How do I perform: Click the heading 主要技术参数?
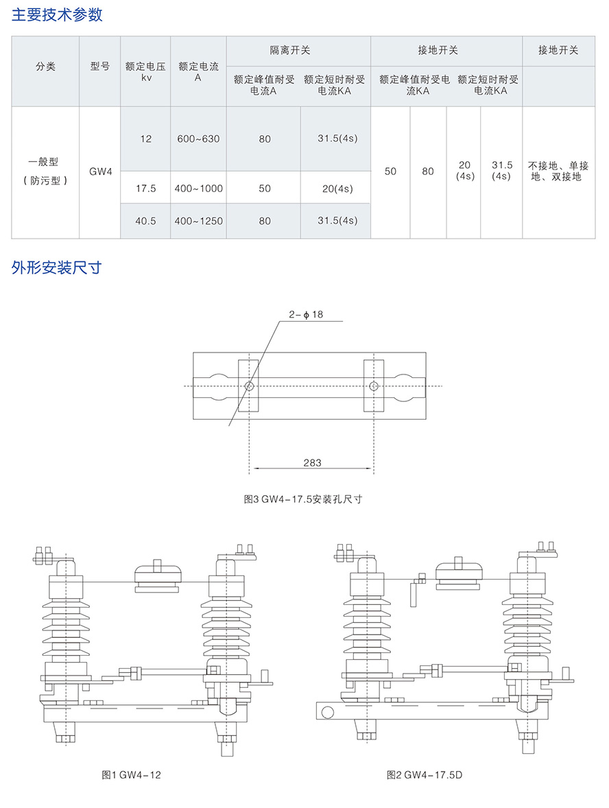pyautogui.click(x=57, y=14)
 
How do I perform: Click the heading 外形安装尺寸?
pyautogui.click(x=57, y=267)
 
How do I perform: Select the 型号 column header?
pyautogui.click(x=99, y=67)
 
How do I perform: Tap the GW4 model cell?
pyautogui.click(x=99, y=171)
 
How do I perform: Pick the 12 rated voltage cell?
pyautogui.click(x=145, y=139)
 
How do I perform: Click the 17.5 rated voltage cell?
pyautogui.click(x=145, y=188)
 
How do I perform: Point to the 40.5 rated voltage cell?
pyautogui.click(x=145, y=221)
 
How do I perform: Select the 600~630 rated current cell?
pyautogui.click(x=198, y=139)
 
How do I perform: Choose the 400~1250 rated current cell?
pyautogui.click(x=198, y=221)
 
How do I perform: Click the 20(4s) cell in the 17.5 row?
pyautogui.click(x=335, y=189)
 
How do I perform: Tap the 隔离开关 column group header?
pyautogui.click(x=298, y=50)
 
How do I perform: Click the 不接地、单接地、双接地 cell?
pyautogui.click(x=558, y=171)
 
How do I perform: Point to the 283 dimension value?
pyautogui.click(x=312, y=463)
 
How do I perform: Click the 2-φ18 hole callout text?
pyautogui.click(x=306, y=314)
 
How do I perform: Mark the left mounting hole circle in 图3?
pyautogui.click(x=249, y=386)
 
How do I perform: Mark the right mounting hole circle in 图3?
pyautogui.click(x=373, y=386)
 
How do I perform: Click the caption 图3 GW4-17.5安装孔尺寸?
pyautogui.click(x=303, y=499)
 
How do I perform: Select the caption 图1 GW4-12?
pyautogui.click(x=132, y=774)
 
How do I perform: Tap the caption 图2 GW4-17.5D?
pyautogui.click(x=425, y=774)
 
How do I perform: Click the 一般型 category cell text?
pyautogui.click(x=44, y=163)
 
